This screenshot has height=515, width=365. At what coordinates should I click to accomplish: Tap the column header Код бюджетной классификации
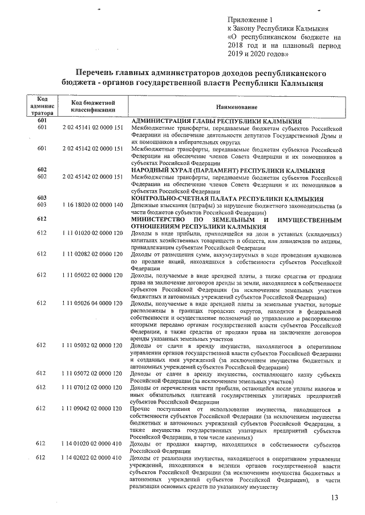(x=92, y=104)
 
